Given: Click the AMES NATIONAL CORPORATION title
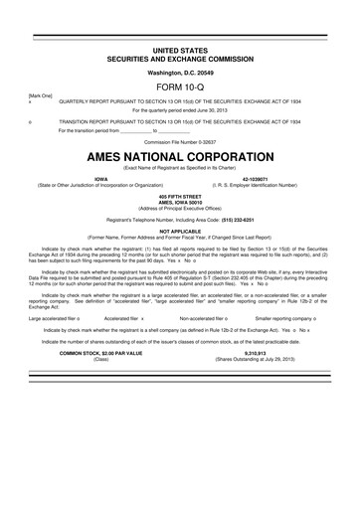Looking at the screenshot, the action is pyautogui.click(x=179, y=158).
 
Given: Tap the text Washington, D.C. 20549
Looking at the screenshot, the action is pyautogui.click(x=179, y=72).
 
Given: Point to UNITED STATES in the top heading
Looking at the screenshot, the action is pyautogui.click(x=179, y=48).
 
